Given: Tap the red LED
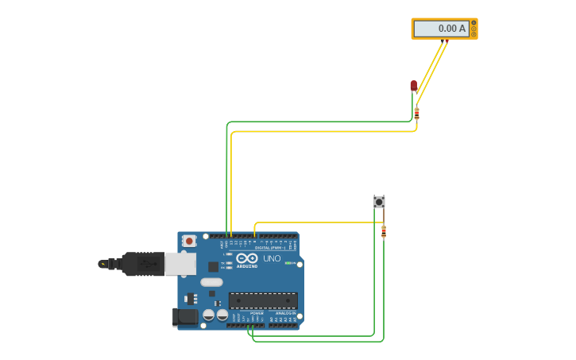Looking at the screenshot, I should tap(413, 85).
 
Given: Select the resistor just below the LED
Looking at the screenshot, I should tap(416, 114).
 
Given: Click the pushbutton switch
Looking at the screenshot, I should tap(379, 202).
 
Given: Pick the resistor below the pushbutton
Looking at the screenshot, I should tap(384, 231).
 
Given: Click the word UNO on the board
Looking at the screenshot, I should tap(272, 258).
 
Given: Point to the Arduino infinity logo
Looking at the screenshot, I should tap(247, 258).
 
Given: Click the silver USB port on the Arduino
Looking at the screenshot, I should tap(180, 264).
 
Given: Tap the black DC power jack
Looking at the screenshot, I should tap(185, 317).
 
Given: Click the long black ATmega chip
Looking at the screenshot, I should tap(263, 300).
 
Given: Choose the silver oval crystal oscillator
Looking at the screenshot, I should tap(211, 282).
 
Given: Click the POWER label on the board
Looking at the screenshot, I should tap(257, 313).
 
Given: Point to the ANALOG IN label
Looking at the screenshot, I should tap(285, 313).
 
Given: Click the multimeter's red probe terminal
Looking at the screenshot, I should tap(446, 40).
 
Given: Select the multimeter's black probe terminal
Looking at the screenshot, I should tap(442, 40).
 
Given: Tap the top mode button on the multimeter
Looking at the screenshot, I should tap(474, 23).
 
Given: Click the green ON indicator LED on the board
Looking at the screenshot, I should tap(291, 263).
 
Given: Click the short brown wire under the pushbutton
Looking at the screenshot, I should tap(384, 215).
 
